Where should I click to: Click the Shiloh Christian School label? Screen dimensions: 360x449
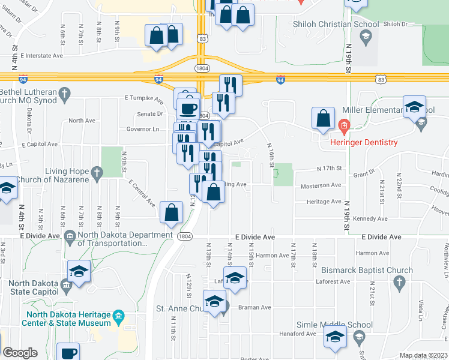(336, 25)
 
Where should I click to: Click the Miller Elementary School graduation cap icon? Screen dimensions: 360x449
(414, 107)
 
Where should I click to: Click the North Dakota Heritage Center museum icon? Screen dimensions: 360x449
(119, 316)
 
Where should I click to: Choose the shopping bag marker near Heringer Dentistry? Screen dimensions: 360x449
(324, 118)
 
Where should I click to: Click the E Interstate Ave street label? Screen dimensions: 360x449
(42, 56)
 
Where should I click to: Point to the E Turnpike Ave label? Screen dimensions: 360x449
(144, 98)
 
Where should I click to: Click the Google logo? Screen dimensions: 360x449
(20, 353)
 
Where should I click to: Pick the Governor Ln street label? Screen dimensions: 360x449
(142, 129)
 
